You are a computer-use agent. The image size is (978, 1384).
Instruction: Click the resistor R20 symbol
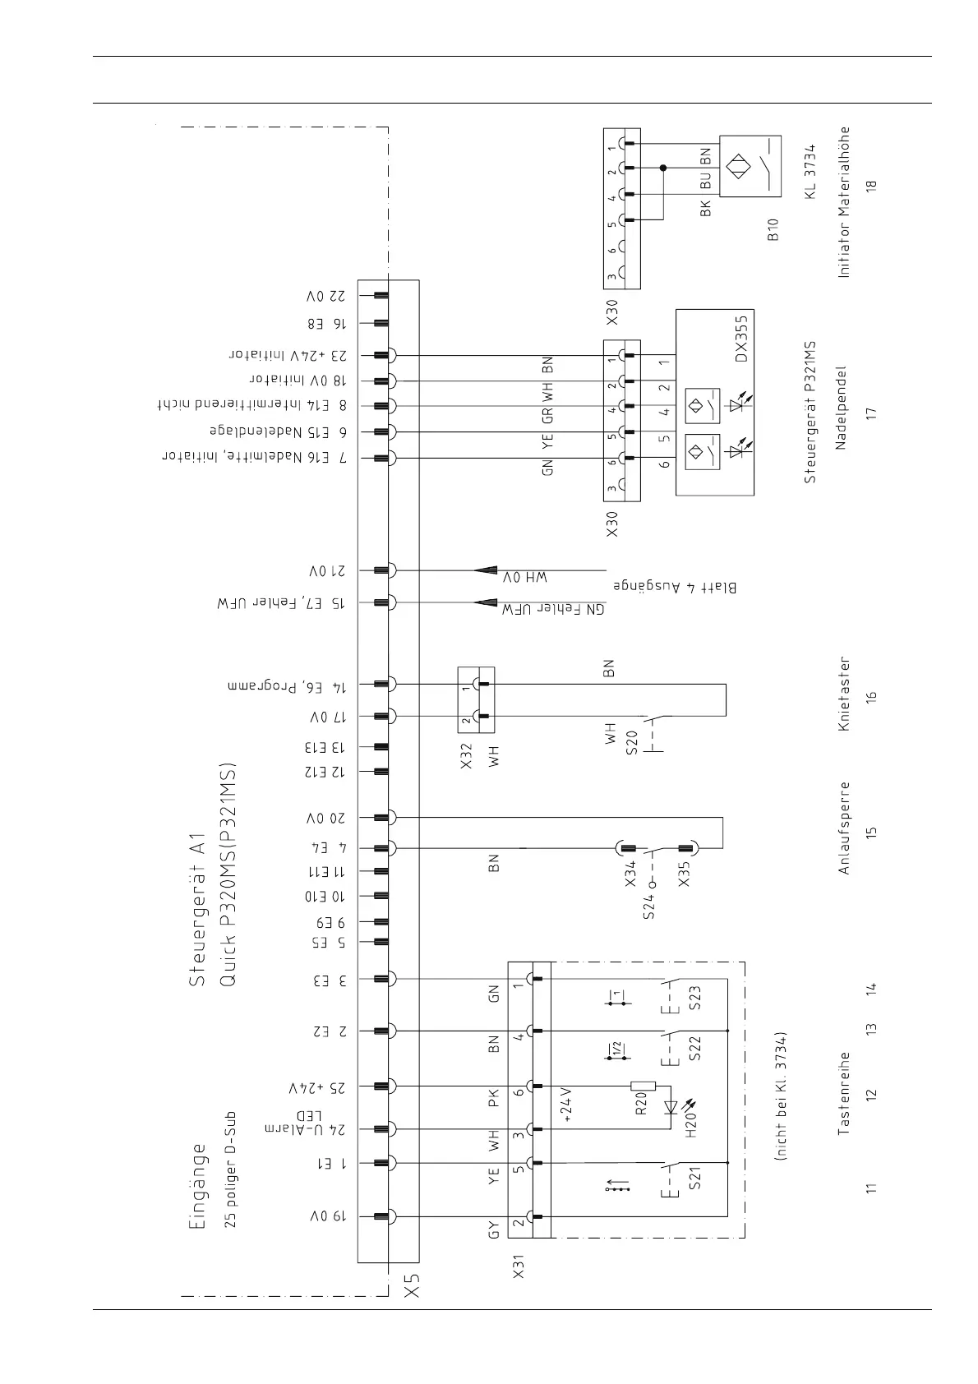click(x=642, y=1086)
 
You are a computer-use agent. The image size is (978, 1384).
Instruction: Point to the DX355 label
click(x=741, y=339)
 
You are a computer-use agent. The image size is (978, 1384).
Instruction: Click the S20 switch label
click(x=631, y=742)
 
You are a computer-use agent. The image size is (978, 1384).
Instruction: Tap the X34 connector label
click(x=630, y=872)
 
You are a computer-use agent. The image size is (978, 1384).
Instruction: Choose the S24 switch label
click(x=649, y=902)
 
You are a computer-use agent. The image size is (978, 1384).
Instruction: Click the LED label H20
click(x=691, y=1121)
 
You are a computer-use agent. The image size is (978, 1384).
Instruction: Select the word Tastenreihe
click(x=844, y=1094)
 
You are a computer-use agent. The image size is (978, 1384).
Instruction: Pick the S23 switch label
click(x=695, y=998)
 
